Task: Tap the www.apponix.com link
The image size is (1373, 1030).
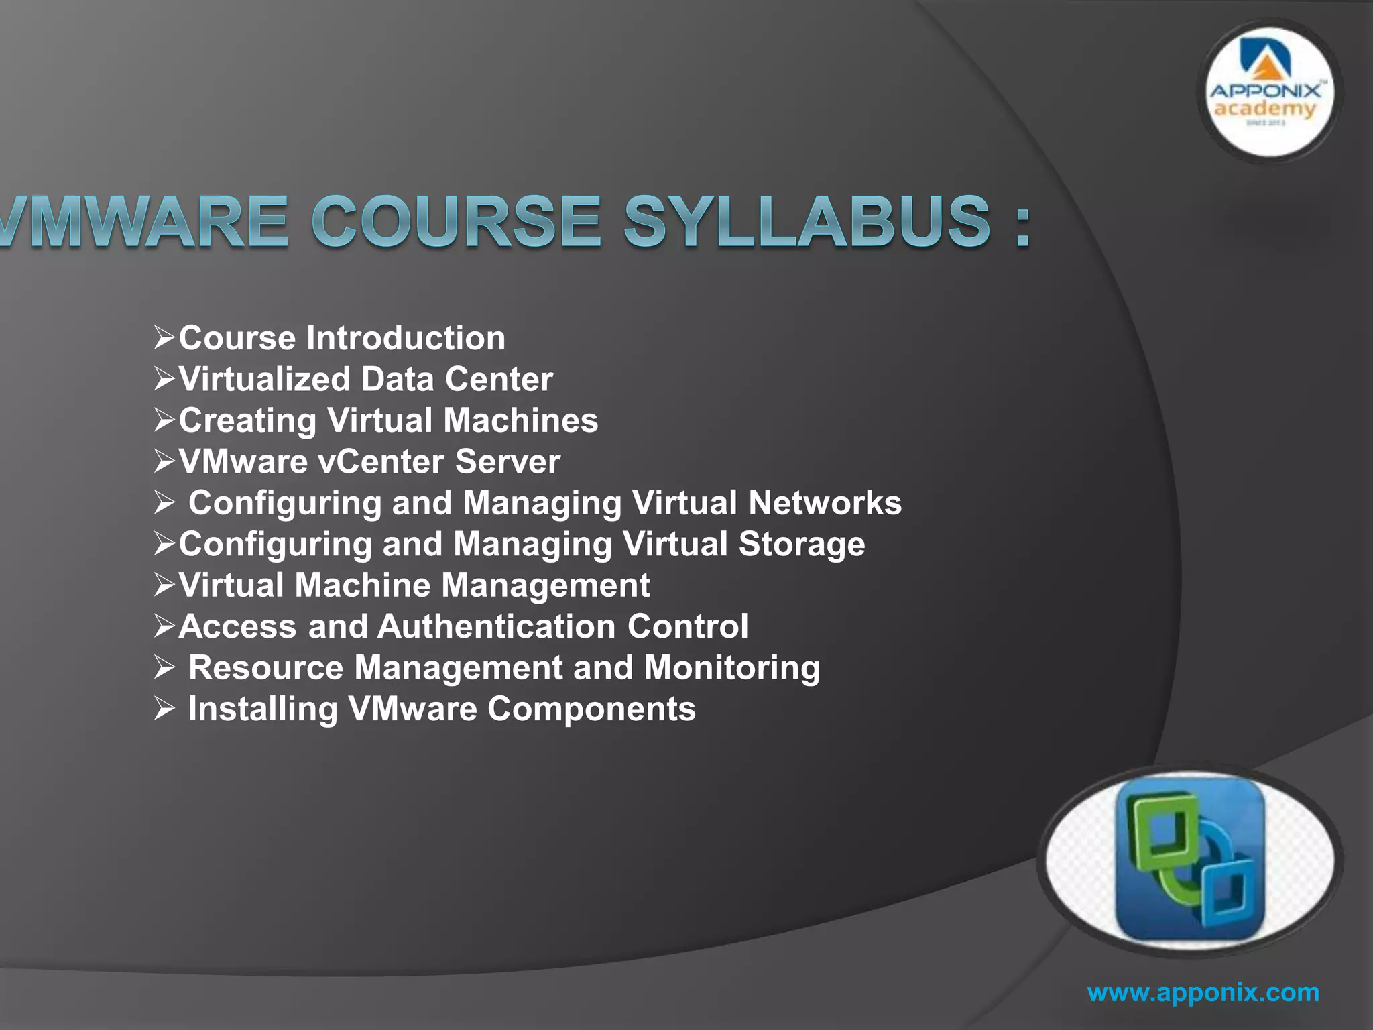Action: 1203,992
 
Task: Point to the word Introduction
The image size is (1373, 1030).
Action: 406,337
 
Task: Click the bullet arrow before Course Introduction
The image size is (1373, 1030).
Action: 164,337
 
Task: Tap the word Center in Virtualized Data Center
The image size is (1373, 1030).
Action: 499,380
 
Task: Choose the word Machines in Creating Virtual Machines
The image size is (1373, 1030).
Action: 520,420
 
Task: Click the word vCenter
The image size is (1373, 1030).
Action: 381,462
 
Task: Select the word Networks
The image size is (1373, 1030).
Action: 825,503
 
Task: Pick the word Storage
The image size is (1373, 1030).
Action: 801,544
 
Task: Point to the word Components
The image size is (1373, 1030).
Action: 591,709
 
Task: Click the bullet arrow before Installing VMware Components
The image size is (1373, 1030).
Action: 164,709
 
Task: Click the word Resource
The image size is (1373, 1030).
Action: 265,668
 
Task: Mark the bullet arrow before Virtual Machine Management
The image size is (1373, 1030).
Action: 164,585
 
